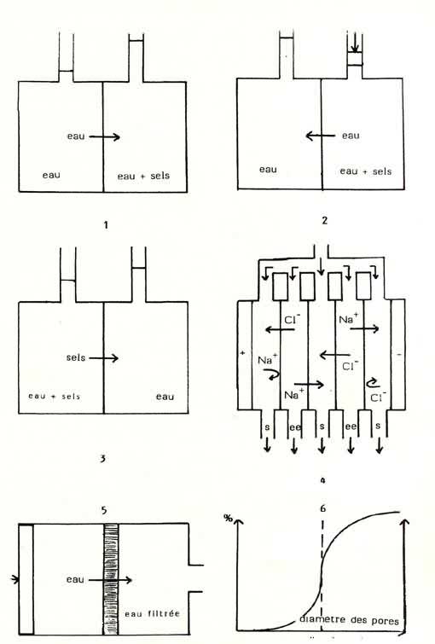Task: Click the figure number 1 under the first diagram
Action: (106, 225)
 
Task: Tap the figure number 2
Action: (324, 221)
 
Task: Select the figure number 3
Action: (102, 458)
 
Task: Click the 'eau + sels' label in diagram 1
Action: (143, 176)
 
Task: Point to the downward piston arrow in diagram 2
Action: (356, 44)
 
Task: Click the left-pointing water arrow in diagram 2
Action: (321, 136)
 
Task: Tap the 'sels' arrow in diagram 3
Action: (104, 358)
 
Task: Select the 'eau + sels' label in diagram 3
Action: (54, 397)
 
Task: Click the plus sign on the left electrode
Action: (243, 353)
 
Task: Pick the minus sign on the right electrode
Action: (399, 354)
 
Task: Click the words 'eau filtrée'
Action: (153, 613)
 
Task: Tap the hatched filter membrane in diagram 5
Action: (111, 579)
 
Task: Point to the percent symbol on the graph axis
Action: (228, 519)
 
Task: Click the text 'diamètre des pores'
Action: (349, 620)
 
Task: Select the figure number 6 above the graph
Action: (323, 508)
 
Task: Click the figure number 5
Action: (103, 510)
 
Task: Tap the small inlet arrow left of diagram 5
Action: (14, 579)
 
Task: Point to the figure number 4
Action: (323, 479)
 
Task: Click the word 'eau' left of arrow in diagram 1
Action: (76, 136)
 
